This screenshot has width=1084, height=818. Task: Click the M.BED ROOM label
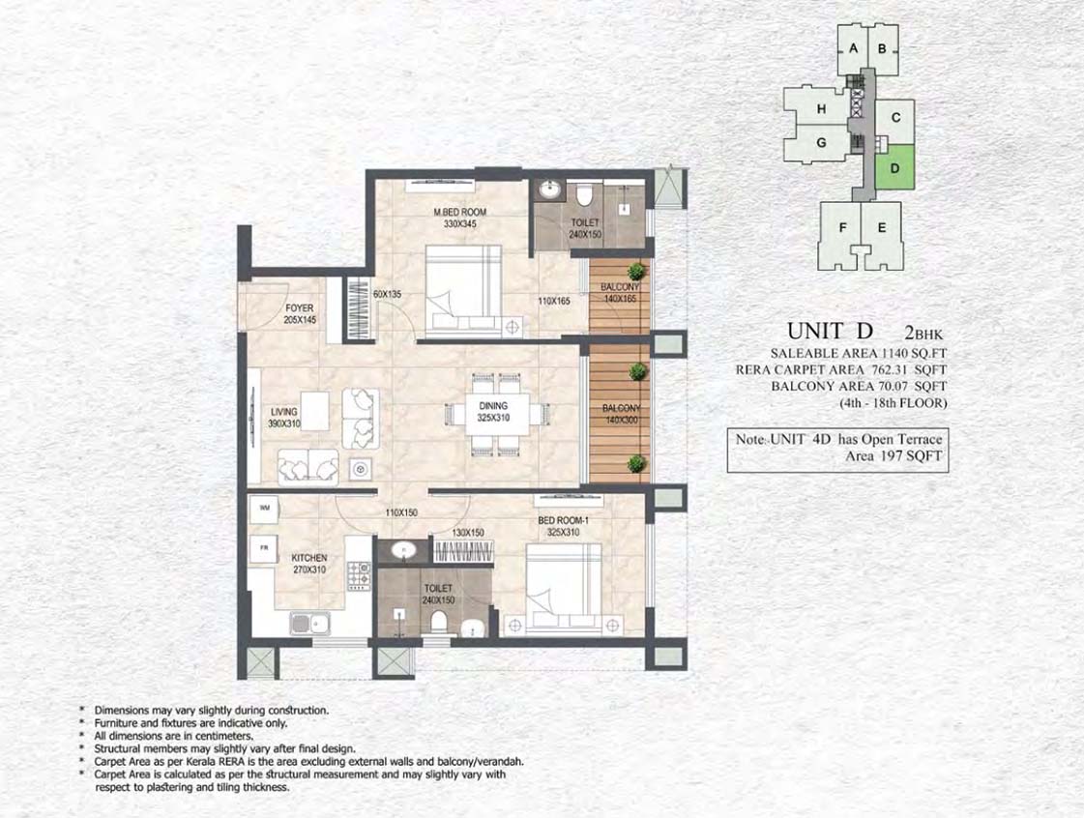tap(459, 212)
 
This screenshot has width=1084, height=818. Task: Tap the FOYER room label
tap(300, 307)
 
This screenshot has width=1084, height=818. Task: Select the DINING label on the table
tap(493, 406)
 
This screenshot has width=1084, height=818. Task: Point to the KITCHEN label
tap(309, 557)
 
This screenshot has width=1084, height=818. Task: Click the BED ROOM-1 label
tap(563, 520)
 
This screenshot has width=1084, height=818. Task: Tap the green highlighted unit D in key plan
tap(895, 167)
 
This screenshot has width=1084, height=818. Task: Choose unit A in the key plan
tap(853, 49)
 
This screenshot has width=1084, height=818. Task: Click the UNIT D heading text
tap(831, 332)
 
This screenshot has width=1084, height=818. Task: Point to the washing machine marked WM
tap(264, 508)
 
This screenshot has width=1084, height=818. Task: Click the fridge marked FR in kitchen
tap(264, 547)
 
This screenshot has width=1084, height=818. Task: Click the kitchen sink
tap(309, 624)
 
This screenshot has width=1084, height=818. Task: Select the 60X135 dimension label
tap(387, 294)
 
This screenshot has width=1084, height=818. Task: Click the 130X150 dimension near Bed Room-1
tap(468, 533)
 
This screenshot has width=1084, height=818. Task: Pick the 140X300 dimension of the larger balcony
tap(621, 420)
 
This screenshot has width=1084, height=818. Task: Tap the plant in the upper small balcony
tap(635, 271)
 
